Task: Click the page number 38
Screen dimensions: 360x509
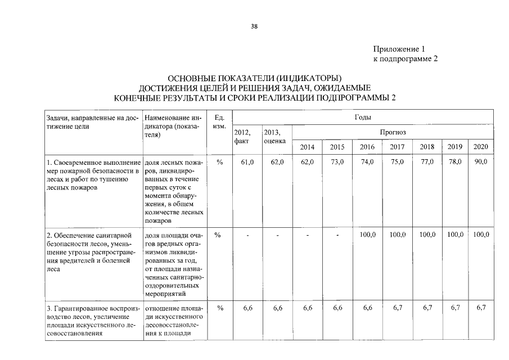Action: (254, 26)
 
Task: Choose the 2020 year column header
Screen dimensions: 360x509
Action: (481, 147)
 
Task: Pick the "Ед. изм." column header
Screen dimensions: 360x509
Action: (220, 121)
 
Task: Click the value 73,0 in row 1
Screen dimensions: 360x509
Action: (337, 162)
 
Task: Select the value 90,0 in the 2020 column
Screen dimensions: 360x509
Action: (481, 162)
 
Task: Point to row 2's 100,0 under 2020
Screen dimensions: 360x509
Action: (481, 235)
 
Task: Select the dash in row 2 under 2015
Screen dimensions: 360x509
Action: (337, 235)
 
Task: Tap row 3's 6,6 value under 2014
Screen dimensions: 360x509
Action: (307, 308)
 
